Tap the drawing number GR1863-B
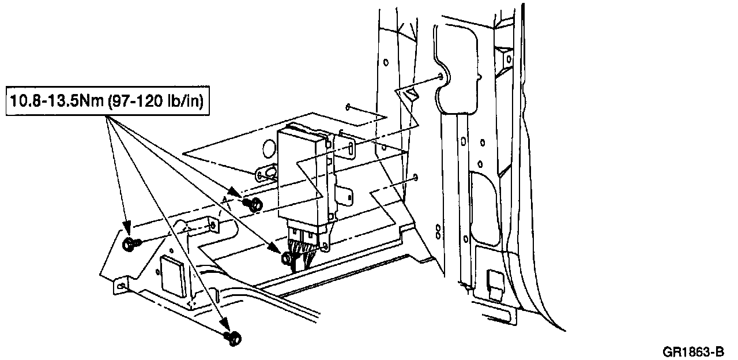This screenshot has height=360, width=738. tap(695, 351)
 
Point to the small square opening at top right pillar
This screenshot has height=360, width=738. tap(507, 58)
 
